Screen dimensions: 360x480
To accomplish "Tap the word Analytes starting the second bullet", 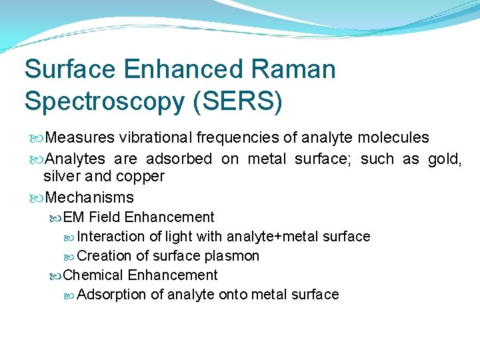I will click(76, 159).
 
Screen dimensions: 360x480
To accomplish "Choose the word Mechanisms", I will click(91, 197).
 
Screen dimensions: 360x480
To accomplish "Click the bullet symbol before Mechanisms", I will click(36, 198).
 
